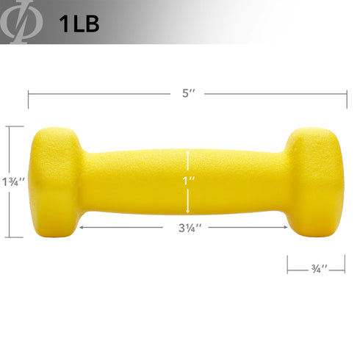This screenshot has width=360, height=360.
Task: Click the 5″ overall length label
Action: click(x=189, y=94)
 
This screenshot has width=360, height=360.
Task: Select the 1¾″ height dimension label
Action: click(x=12, y=181)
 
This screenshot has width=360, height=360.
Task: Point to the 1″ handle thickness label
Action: click(x=189, y=181)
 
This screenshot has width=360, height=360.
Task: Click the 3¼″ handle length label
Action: click(x=189, y=227)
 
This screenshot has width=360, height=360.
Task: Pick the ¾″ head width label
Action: click(x=317, y=268)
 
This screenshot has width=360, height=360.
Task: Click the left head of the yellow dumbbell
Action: click(x=56, y=182)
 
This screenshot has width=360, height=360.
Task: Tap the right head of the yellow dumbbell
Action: click(x=317, y=182)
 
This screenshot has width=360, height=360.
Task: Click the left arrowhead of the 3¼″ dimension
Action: click(x=79, y=227)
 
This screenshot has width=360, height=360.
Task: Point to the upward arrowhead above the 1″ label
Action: click(x=189, y=154)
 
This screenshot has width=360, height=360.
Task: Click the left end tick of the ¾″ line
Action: click(x=287, y=264)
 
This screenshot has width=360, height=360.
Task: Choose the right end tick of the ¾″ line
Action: click(x=345, y=264)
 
